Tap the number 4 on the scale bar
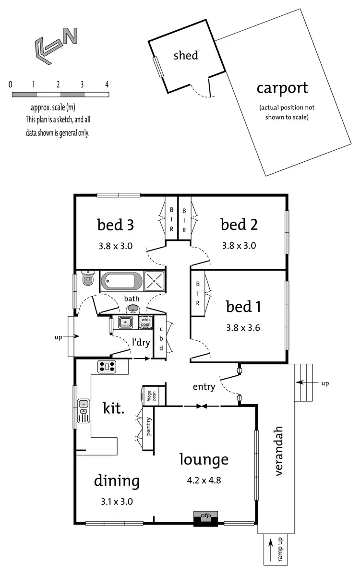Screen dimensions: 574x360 [x=107, y=84]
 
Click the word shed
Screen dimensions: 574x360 [x=186, y=55]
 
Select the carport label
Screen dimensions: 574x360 [x=282, y=88]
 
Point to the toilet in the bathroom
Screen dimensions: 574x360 [x=88, y=278]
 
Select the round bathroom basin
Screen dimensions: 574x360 [x=133, y=309]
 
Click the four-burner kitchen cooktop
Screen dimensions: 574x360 [x=107, y=367]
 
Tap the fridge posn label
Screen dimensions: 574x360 [x=150, y=396]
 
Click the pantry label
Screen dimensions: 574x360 [x=149, y=426]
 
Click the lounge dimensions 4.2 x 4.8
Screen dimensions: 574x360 [x=204, y=480]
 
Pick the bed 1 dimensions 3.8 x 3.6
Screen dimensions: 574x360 [x=243, y=329]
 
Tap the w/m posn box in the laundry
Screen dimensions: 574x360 [x=145, y=322]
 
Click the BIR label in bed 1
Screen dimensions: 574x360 [x=198, y=293]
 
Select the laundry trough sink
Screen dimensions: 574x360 [x=126, y=323]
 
